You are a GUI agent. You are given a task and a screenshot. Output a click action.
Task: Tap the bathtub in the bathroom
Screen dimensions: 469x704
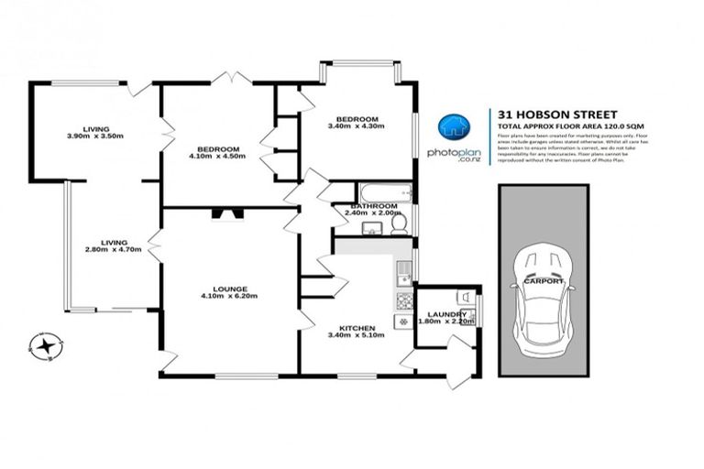(x=378, y=193)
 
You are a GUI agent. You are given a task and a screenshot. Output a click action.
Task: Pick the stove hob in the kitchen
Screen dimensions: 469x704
(x=401, y=300)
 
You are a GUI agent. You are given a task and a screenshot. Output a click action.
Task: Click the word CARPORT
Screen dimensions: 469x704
(x=544, y=282)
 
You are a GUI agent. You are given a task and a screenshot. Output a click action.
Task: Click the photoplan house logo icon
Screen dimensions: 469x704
(x=450, y=127)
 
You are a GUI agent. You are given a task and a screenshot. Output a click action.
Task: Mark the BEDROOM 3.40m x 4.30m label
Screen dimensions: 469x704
(x=357, y=123)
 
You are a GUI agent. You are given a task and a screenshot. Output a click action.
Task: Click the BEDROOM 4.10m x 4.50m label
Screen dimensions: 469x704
(x=217, y=153)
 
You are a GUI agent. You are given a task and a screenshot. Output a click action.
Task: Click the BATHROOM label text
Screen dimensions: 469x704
(x=372, y=207)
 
